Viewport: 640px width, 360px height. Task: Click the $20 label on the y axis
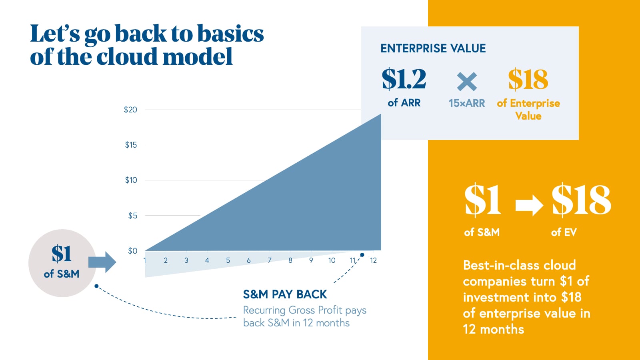point(130,110)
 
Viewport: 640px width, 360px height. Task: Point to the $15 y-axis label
point(131,145)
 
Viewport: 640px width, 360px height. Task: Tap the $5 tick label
point(132,216)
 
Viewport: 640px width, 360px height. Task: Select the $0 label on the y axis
point(132,250)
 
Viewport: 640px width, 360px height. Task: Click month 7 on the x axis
point(270,260)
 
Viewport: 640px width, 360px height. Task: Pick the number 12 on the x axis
point(374,260)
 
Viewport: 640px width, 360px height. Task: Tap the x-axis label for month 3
point(186,260)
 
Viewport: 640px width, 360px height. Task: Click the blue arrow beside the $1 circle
point(102,262)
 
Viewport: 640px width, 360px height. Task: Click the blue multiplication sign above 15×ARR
point(467,82)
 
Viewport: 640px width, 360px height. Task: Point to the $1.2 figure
point(404,79)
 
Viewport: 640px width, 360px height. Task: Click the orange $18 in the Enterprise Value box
point(528,79)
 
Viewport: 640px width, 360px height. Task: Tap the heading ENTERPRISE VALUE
point(433,48)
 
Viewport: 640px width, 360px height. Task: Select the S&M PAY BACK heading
point(285,294)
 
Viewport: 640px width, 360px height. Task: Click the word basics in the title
point(230,34)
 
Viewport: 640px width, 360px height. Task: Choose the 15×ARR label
point(467,103)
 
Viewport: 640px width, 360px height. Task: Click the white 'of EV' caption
point(564,232)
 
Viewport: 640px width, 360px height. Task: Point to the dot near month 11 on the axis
point(362,255)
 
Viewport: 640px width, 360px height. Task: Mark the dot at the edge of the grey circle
point(96,286)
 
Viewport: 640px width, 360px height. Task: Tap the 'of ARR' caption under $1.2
point(404,103)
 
